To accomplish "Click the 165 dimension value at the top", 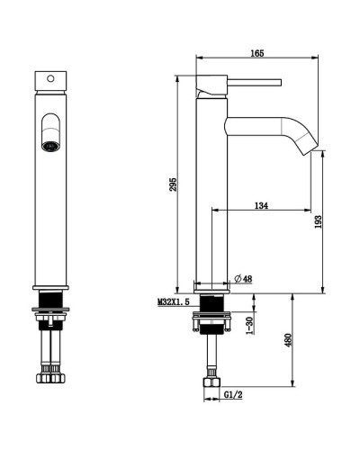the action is (257, 53).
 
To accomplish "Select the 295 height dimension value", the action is (173, 184).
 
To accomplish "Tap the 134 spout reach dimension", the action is (261, 205).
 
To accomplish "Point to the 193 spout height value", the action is (319, 221).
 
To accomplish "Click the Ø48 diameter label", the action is (243, 279).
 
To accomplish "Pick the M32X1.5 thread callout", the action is (174, 301).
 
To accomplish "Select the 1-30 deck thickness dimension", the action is (250, 326).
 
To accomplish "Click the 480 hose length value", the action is (288, 340).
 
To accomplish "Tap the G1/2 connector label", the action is (233, 395).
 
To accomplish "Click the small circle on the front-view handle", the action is (50, 79).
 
